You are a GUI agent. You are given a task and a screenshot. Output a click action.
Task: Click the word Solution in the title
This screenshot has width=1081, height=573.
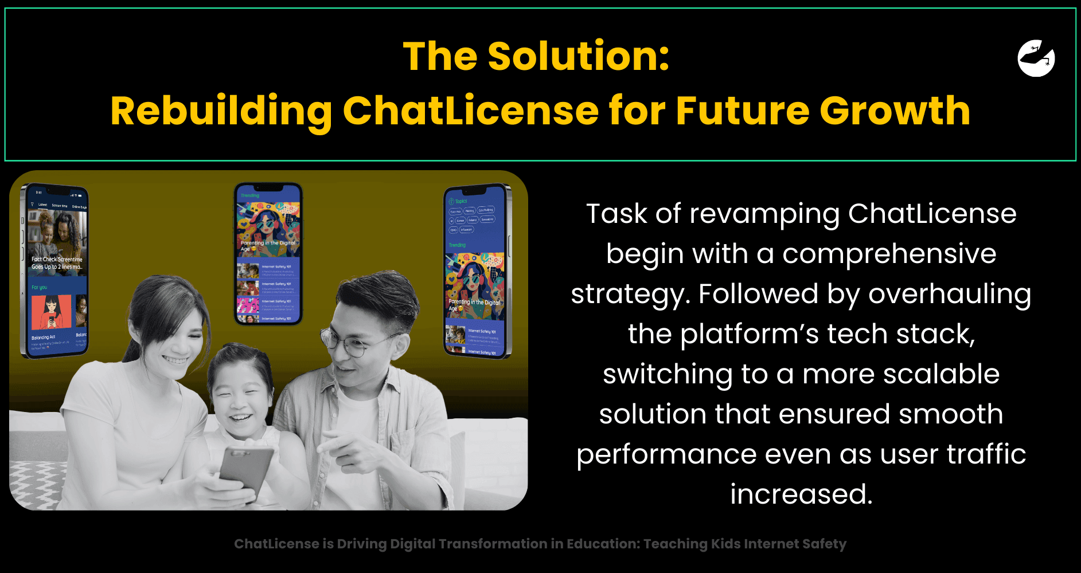point(578,56)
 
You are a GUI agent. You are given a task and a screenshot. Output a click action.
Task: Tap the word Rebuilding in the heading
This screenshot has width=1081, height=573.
point(221,111)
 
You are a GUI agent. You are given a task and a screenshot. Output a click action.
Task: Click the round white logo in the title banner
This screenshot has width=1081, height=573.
point(1036,58)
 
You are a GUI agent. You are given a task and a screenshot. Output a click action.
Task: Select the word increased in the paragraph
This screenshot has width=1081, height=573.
point(801,494)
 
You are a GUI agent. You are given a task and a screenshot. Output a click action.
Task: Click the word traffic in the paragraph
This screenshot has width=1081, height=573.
point(986,454)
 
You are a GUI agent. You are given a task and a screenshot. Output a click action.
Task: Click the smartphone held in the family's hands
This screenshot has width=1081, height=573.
point(247,470)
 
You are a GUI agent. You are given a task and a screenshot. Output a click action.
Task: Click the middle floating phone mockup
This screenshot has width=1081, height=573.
point(268,254)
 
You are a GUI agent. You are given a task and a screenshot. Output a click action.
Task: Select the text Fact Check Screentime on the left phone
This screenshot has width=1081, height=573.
point(57,260)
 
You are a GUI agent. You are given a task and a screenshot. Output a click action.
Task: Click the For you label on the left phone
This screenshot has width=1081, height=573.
point(39,287)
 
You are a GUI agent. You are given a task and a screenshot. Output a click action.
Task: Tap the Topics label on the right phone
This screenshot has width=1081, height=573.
point(461,201)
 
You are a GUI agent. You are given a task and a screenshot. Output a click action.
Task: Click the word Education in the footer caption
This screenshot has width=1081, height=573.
point(602,544)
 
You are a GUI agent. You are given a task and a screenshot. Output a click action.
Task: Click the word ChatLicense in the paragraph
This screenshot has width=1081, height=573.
point(932,214)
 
